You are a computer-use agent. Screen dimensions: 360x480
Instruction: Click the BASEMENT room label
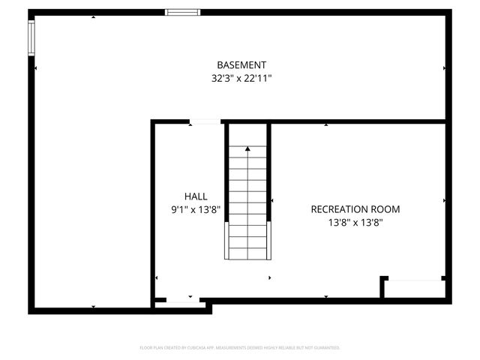coord(241,65)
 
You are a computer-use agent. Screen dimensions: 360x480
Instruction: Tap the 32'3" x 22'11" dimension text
coord(241,77)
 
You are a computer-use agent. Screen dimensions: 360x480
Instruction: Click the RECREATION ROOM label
coord(355,209)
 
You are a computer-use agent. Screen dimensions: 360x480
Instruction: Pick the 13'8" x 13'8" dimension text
coord(355,222)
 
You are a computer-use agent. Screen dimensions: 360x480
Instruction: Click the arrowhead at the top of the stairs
coord(247,149)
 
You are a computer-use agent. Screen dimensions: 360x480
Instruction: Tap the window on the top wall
coord(182,12)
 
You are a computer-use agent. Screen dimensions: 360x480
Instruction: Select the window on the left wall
coord(31,37)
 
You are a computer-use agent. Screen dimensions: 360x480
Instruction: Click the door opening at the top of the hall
coord(205,121)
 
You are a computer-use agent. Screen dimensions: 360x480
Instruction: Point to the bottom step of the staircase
coord(247,252)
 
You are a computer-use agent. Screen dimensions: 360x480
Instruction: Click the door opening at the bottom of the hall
coord(178,301)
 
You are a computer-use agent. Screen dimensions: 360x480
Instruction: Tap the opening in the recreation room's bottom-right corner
coord(415,280)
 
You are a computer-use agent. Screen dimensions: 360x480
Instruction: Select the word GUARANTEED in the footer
coord(326,348)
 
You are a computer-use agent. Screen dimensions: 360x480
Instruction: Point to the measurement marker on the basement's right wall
coord(445,68)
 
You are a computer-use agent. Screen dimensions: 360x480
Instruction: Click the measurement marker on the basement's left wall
coord(35,68)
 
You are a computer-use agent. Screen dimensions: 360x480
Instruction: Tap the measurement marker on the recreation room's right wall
coord(445,201)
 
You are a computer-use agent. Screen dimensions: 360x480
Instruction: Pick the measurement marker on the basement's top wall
coord(93,16)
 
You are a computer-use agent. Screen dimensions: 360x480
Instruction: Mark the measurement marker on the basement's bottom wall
coord(93,306)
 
